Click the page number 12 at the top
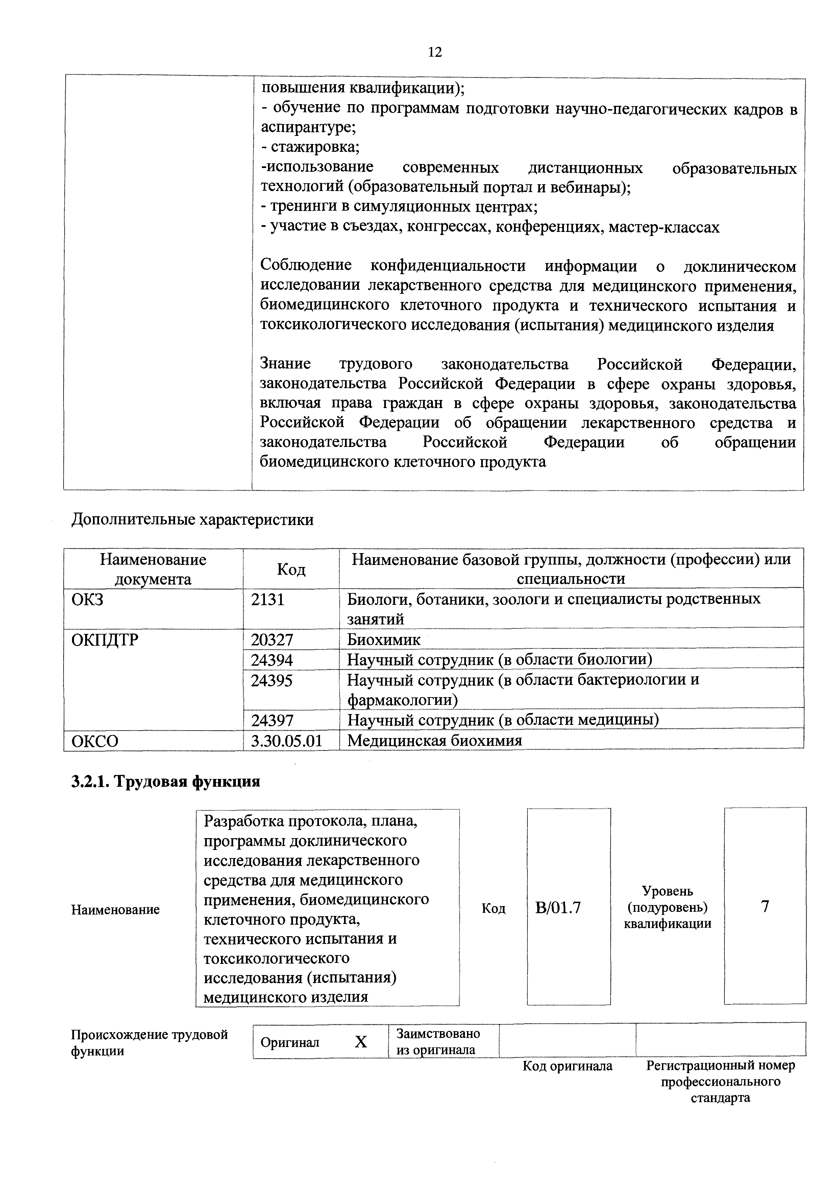[435, 52]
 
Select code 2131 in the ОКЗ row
[268, 600]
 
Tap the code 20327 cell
[272, 640]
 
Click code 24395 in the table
[272, 680]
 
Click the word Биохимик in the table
[384, 640]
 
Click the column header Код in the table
[291, 569]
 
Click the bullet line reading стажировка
[310, 147]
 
